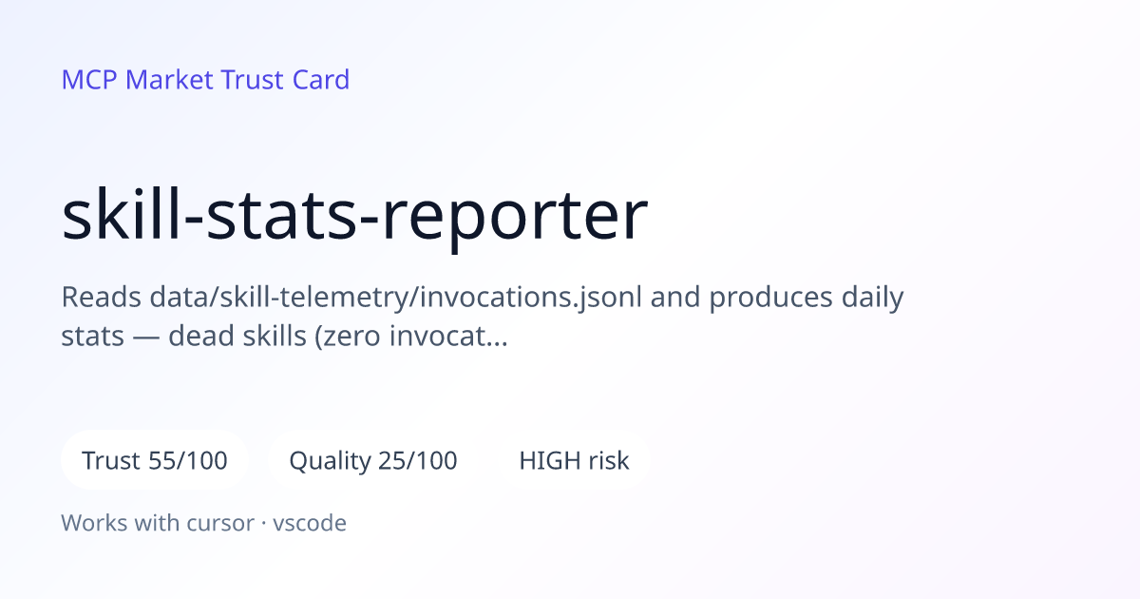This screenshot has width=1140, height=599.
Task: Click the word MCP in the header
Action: coord(89,80)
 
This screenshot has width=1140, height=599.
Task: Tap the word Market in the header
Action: coord(169,80)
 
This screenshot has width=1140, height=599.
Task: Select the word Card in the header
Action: coord(321,80)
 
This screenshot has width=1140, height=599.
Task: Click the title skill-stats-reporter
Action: coord(354,215)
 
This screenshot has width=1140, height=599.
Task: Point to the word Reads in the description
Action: coord(102,297)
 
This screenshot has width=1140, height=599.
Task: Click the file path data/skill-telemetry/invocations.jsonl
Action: coord(396,298)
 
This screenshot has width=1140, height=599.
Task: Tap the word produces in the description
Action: coord(771,298)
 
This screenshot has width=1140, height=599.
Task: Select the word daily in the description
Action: coord(872,298)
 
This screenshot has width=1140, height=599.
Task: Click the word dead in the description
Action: coord(201,337)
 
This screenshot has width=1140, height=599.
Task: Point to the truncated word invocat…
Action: coord(448,337)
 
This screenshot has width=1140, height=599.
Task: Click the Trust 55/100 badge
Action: coord(155,460)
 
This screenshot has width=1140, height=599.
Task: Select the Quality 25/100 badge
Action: coord(373,460)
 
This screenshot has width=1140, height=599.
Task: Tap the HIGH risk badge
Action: coord(574,460)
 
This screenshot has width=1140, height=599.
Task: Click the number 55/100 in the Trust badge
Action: coord(188,460)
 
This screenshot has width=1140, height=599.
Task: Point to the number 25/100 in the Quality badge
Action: coord(418,460)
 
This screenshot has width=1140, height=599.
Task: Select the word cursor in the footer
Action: coord(220,523)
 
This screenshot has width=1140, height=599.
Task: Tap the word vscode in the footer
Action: coord(310,523)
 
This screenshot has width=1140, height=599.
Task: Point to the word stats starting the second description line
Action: coord(93,337)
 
